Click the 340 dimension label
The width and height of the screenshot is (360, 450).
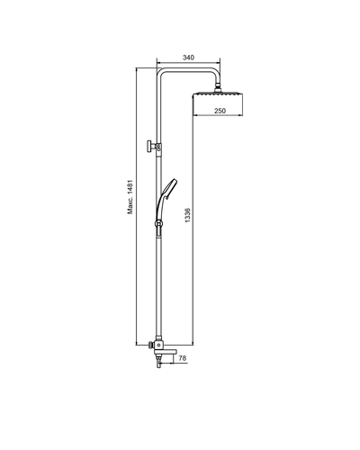[188, 58]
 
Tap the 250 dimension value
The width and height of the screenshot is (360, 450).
[220, 111]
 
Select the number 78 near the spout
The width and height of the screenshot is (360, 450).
[183, 358]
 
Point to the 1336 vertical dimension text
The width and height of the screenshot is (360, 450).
[188, 214]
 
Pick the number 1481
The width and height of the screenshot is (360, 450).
[130, 187]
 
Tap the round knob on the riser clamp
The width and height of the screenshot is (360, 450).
[149, 147]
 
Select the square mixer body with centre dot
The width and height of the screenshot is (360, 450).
[158, 345]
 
